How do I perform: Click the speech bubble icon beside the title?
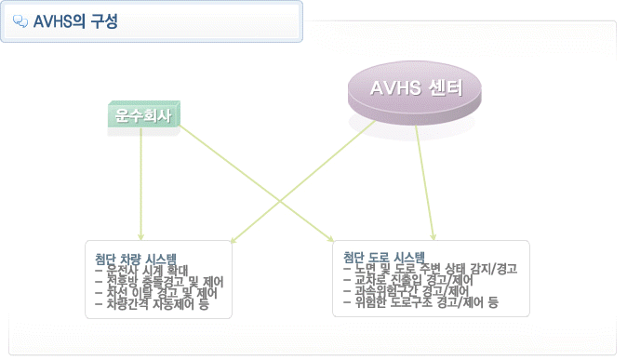point(20,21)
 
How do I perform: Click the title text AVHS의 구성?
point(75,21)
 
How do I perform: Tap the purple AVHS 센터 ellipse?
point(415,93)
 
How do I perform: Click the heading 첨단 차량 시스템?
point(136,260)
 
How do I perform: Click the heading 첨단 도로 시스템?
point(384,257)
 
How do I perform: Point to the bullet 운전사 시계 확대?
point(141,271)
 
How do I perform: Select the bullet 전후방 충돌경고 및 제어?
point(159,282)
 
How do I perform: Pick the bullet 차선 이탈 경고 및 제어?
point(156,293)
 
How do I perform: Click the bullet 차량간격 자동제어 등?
point(152,304)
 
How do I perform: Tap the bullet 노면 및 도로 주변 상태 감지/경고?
point(431,269)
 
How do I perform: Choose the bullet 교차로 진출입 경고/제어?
point(408,280)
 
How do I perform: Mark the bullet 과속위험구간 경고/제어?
point(406,291)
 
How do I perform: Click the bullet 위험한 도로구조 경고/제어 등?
point(421,302)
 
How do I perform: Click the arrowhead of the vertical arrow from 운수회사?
point(140,237)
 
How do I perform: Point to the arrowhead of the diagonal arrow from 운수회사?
point(330,239)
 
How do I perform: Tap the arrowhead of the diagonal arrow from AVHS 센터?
point(234,240)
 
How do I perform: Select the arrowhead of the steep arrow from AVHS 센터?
point(434,237)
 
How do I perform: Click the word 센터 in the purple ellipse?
point(446,88)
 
